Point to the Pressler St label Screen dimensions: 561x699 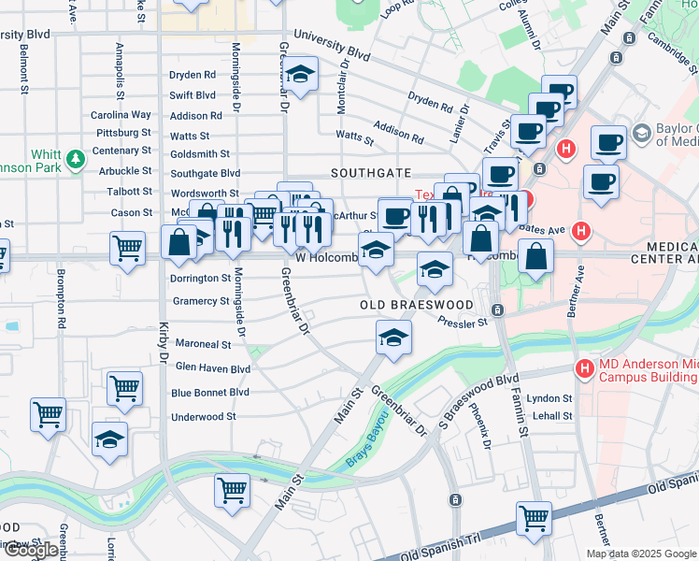[x=463, y=323]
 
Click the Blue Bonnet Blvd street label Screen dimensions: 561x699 [x=210, y=393]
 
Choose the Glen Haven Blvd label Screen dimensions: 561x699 [x=213, y=368]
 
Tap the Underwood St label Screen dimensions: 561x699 [x=204, y=417]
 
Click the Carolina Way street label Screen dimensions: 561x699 [x=121, y=114]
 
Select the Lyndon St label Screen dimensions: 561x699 [x=549, y=398]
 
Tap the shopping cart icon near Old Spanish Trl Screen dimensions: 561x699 [x=534, y=518]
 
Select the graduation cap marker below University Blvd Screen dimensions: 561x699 [x=301, y=74]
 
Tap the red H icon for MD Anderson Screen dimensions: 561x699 [x=584, y=369]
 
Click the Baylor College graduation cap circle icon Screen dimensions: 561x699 [x=641, y=133]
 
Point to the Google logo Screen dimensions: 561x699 [x=30, y=551]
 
